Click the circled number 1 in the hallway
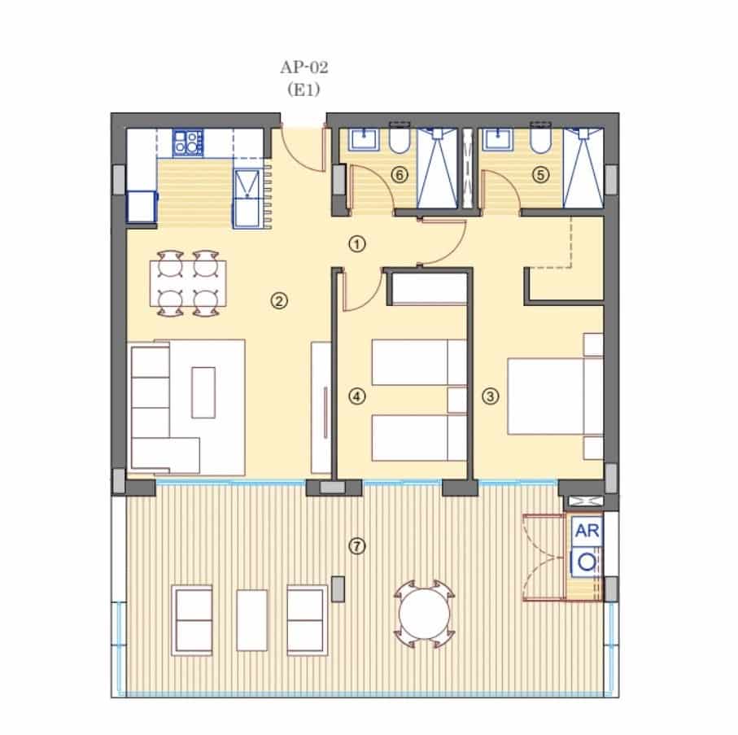pyautogui.click(x=356, y=243)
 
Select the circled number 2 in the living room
pyautogui.click(x=278, y=301)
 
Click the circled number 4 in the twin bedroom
pyautogui.click(x=356, y=396)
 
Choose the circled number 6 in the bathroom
pyautogui.click(x=398, y=173)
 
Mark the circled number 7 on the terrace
pyautogui.click(x=356, y=545)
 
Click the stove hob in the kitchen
pyautogui.click(x=187, y=143)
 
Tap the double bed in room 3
pyautogui.click(x=545, y=396)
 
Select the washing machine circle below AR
pyautogui.click(x=587, y=561)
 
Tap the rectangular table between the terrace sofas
pyautogui.click(x=252, y=618)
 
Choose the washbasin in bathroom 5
pyautogui.click(x=496, y=140)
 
